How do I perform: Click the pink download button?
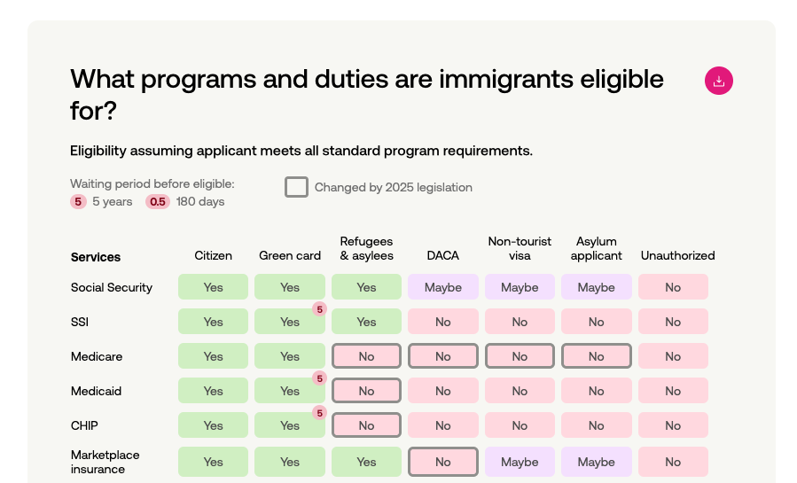[719, 81]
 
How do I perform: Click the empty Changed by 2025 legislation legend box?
[296, 187]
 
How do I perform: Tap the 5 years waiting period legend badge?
[79, 202]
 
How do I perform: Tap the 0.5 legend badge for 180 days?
[158, 202]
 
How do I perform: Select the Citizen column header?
[213, 255]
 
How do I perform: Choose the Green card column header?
[290, 255]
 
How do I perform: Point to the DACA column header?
[443, 255]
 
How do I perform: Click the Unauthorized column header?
[677, 255]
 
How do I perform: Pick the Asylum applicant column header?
[596, 248]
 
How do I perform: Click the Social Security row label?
[112, 287]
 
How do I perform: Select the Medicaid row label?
[97, 391]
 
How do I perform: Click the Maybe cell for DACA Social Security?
[443, 287]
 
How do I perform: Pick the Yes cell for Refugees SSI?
[366, 322]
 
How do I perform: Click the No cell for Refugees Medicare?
[366, 356]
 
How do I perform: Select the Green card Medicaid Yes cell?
[290, 392]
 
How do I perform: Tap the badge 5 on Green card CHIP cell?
[319, 413]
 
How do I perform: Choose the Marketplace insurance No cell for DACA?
[443, 462]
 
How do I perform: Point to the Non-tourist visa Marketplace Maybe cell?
[520, 462]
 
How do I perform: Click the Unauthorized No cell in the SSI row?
[673, 322]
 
